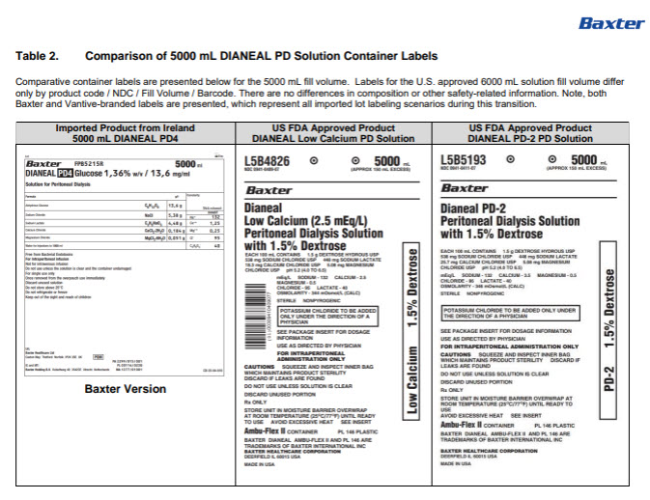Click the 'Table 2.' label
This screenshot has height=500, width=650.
pyautogui.click(x=38, y=58)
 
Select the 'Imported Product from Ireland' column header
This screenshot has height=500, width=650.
pyautogui.click(x=112, y=128)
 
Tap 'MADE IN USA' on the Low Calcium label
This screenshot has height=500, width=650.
pyautogui.click(x=260, y=466)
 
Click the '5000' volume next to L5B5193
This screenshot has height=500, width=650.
pyautogui.click(x=584, y=160)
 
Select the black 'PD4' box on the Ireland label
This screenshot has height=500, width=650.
pyautogui.click(x=66, y=174)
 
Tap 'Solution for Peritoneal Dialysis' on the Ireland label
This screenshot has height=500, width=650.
pyautogui.click(x=56, y=184)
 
